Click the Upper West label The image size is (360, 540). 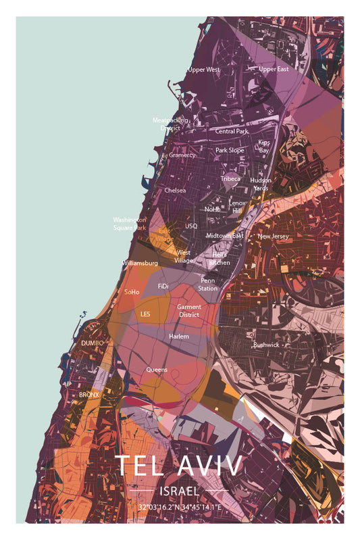[203, 70]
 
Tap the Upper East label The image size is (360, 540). [274, 69]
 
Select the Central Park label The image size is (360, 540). [232, 131]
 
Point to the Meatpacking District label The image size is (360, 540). [170, 124]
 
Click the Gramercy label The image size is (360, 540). [182, 155]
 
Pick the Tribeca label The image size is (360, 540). [230, 179]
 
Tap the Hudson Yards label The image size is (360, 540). [261, 184]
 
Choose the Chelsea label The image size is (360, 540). [175, 191]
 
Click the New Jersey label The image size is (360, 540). [273, 237]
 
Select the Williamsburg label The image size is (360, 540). [140, 263]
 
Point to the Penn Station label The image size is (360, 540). [208, 284]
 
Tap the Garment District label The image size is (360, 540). [189, 310]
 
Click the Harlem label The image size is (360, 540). [179, 336]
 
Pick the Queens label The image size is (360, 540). [157, 370]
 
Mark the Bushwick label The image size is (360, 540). [266, 345]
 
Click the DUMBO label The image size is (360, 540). [92, 343]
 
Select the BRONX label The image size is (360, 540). [89, 394]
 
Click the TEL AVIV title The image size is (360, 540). [179, 467]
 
